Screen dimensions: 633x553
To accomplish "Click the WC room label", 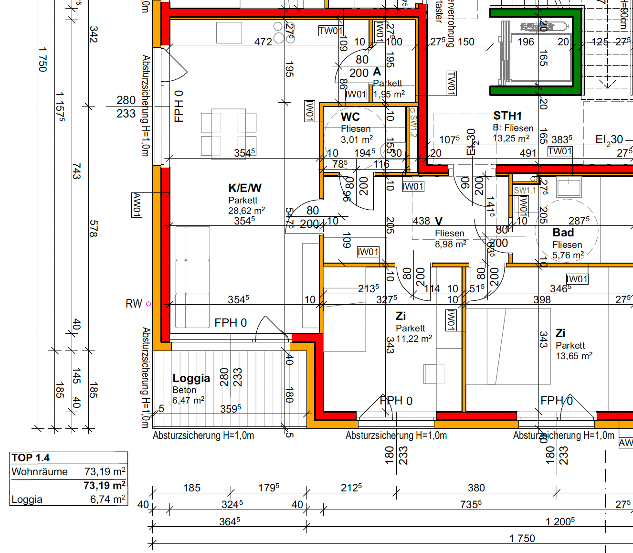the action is click(x=350, y=117).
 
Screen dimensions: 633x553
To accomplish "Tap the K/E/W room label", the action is click(x=244, y=188).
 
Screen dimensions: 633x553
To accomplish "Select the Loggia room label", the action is click(x=191, y=378).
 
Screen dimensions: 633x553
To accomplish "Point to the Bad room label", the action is click(x=563, y=233).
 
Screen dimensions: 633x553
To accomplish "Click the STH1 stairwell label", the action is click(x=507, y=116).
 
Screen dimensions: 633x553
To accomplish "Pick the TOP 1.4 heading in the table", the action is click(x=31, y=457).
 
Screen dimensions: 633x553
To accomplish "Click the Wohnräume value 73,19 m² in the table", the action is click(x=105, y=472).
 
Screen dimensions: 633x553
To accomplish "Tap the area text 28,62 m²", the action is click(x=246, y=211).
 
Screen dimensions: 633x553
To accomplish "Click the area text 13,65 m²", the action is click(x=574, y=356).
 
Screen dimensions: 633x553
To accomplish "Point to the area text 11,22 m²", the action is click(x=414, y=339).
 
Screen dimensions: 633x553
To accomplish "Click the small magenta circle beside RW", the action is click(x=148, y=304).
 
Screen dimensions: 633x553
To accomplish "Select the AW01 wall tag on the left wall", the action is click(x=137, y=205).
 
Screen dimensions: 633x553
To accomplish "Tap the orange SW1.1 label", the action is click(x=525, y=190).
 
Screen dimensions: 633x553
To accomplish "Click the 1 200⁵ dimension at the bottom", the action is click(x=560, y=521).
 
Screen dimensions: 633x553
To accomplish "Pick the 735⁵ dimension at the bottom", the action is click(x=471, y=504).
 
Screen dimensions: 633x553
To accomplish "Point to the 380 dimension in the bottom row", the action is click(x=476, y=488).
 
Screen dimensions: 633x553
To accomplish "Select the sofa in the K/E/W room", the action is click(x=192, y=276).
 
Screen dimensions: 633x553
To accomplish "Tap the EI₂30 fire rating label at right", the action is click(x=609, y=139).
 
